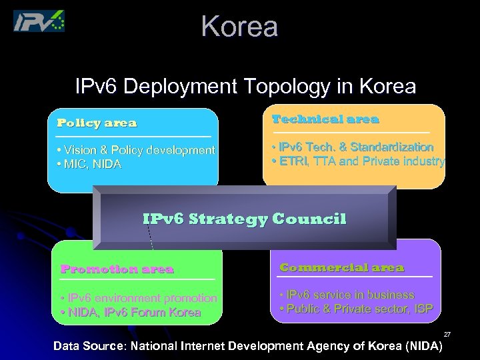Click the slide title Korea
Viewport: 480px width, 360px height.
coord(239,27)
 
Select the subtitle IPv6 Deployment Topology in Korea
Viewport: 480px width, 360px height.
coord(245,87)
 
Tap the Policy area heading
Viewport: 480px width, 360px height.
coord(97,123)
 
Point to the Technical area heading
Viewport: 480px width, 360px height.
coord(325,119)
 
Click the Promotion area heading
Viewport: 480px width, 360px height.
coord(117,269)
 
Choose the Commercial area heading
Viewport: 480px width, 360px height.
coord(341,267)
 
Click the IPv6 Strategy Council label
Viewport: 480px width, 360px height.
coord(245,219)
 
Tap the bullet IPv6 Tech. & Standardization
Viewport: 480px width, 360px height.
coord(353,147)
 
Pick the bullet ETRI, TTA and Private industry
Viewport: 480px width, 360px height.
coord(358,161)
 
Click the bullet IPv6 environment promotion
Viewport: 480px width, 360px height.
coord(138,298)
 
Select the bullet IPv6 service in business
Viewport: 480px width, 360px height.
coord(347,294)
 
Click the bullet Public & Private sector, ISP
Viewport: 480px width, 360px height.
coord(357,308)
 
